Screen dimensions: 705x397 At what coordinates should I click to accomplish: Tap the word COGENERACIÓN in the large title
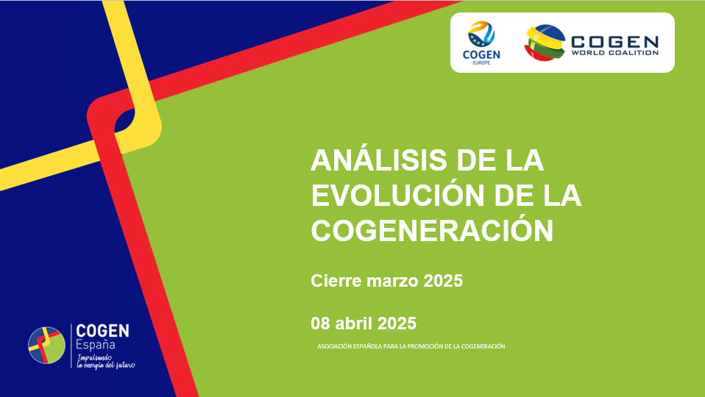432,230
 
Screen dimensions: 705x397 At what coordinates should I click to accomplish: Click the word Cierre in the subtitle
336,281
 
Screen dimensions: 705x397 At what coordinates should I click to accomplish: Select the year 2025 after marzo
443,281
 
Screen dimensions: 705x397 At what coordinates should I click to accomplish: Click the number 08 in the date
321,323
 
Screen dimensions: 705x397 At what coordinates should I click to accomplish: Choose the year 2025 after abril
397,323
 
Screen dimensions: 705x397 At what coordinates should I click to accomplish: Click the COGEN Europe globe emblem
481,34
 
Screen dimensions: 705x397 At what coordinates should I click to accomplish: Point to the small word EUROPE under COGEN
481,63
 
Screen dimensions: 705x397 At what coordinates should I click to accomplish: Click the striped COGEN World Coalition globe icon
545,43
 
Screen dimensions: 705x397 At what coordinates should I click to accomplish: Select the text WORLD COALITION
614,52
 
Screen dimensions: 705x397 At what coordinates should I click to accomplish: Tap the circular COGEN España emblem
46,346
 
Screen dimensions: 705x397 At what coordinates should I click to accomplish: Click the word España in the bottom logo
96,345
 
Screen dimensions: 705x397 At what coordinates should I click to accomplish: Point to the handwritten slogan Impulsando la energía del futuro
106,362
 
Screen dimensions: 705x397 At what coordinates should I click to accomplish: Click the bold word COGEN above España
102,331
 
